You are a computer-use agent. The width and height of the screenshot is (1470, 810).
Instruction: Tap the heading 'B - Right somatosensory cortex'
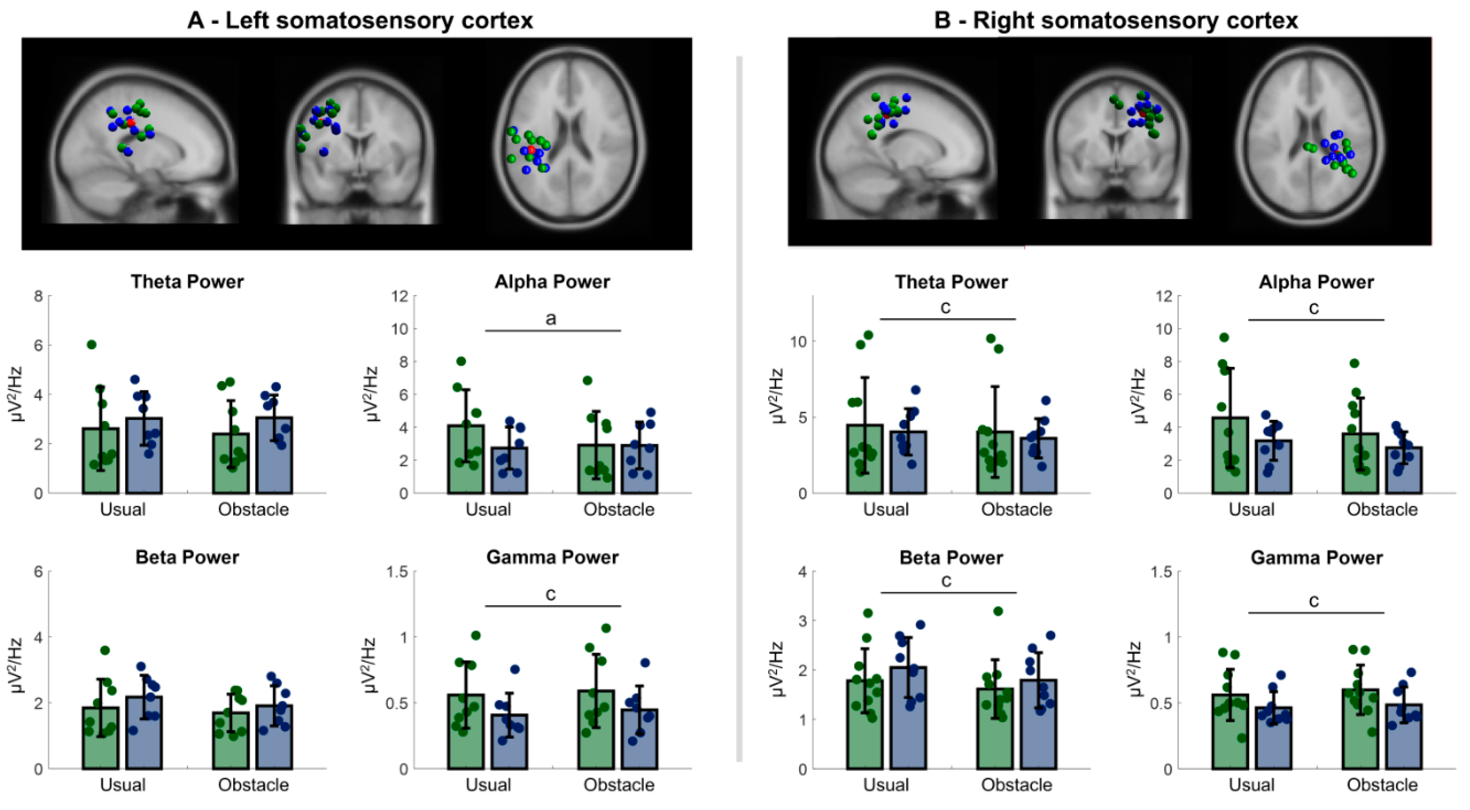1116,21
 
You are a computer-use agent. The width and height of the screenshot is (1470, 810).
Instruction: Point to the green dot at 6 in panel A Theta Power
91,345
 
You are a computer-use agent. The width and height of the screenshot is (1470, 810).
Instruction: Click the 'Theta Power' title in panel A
187,282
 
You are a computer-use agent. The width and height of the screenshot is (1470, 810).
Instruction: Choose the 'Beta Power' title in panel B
951,558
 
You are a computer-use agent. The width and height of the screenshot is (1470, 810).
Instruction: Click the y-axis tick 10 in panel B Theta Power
798,342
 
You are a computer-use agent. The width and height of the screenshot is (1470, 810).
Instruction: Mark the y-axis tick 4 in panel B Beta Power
803,572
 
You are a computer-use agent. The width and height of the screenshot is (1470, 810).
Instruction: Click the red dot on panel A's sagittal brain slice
131,122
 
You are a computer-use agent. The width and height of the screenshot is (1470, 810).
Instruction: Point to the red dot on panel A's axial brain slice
532,149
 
